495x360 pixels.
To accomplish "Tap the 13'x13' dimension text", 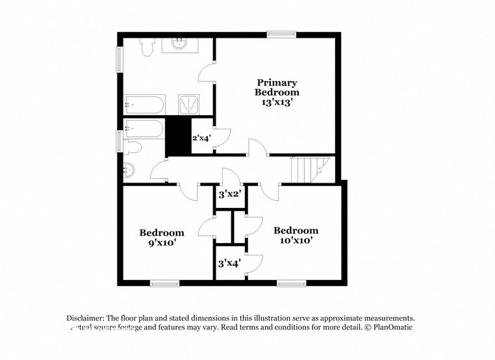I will [276, 102].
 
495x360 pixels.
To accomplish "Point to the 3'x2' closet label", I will [229, 194].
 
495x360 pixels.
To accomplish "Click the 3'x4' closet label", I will [229, 263].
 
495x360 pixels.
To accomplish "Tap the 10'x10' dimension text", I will [296, 240].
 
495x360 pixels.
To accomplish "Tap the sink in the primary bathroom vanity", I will [180, 43].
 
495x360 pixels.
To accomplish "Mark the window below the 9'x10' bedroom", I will [164, 283].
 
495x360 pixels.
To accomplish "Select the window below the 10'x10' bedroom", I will [291, 283].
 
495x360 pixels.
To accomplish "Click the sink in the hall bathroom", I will [129, 170].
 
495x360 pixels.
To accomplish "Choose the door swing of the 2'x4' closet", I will [222, 136].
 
